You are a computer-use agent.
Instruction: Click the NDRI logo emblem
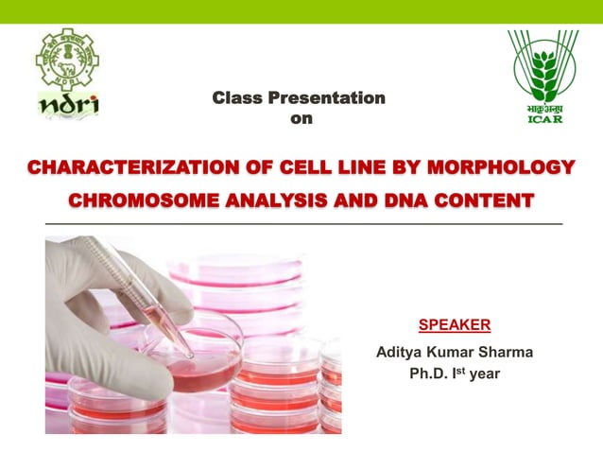67,59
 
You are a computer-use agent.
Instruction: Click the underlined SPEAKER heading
454,325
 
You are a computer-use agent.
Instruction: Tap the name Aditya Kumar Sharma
455,352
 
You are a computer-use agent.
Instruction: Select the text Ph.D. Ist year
455,374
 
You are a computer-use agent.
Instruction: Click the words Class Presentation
299,97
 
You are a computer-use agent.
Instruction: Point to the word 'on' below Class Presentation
301,118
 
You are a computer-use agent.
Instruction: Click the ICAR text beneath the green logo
544,118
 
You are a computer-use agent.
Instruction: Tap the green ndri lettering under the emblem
67,104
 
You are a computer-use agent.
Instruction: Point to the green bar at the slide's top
301,10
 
